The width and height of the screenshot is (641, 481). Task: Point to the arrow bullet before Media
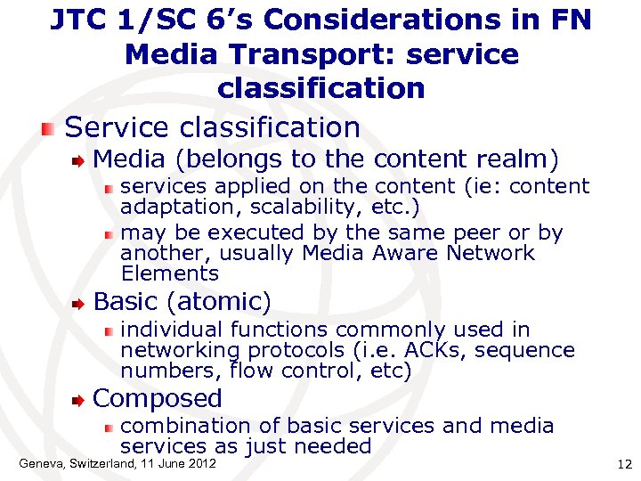pyautogui.click(x=79, y=160)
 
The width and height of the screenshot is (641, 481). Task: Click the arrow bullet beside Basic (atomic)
pyautogui.click(x=79, y=302)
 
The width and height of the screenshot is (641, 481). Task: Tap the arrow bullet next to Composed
pyautogui.click(x=79, y=399)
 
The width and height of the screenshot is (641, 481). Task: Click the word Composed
pyautogui.click(x=158, y=398)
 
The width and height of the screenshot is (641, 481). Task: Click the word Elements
pyautogui.click(x=169, y=273)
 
